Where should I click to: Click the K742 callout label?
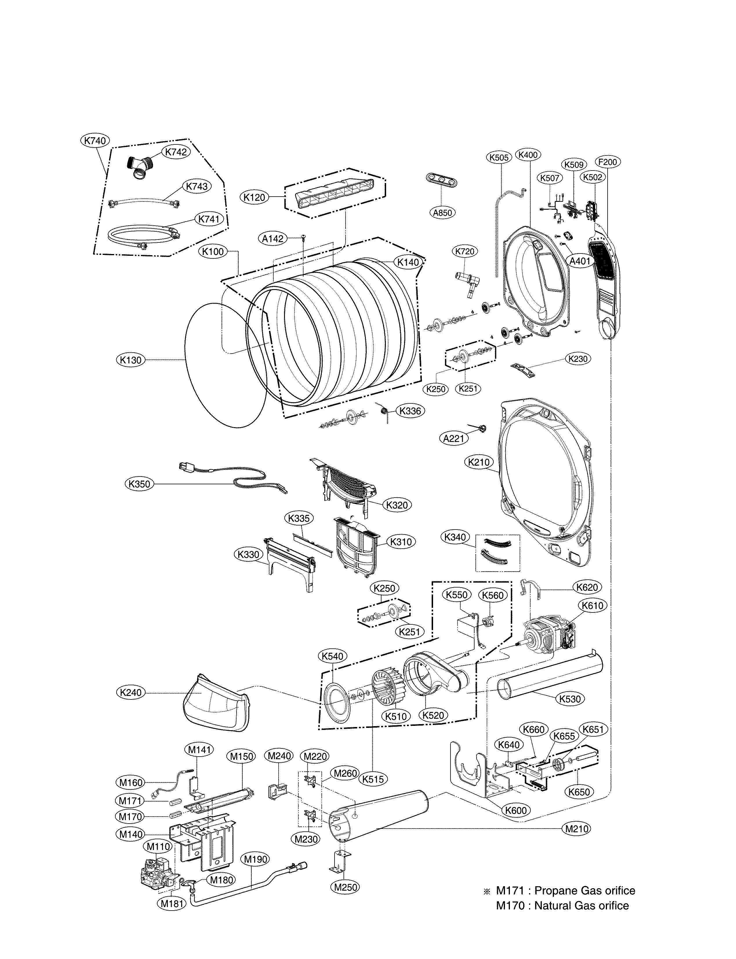click(176, 152)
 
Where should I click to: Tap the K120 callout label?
click(255, 197)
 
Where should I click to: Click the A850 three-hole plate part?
click(439, 179)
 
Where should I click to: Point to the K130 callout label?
click(130, 360)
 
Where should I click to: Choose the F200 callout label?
click(608, 162)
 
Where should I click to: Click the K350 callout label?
click(139, 484)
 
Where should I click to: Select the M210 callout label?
click(576, 829)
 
